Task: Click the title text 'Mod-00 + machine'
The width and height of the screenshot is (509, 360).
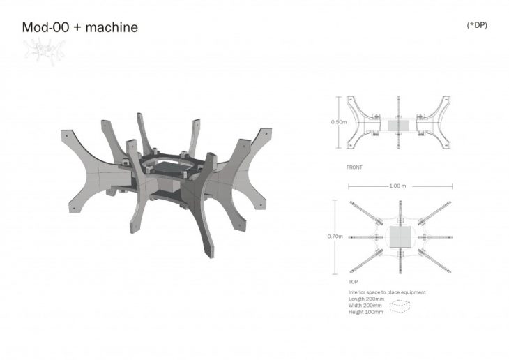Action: (80, 27)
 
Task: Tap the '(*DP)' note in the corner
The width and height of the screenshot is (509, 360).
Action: (477, 25)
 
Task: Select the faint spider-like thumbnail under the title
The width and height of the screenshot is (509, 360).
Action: (45, 51)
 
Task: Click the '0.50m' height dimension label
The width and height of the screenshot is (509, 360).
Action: (339, 122)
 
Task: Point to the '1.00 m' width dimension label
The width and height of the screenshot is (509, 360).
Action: (397, 186)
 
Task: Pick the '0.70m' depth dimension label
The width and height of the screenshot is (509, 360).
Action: (335, 237)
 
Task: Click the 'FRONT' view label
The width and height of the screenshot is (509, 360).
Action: (354, 167)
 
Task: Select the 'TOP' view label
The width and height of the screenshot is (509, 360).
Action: (354, 282)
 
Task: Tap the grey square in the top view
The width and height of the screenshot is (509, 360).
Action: (400, 237)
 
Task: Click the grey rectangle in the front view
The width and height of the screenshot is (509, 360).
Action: (399, 126)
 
